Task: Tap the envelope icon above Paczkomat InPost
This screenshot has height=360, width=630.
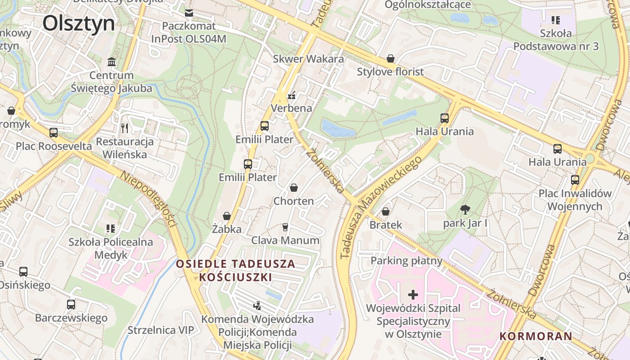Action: [x=189, y=13]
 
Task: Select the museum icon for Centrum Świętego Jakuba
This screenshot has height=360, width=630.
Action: [x=112, y=62]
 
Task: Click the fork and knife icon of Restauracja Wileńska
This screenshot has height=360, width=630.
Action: [x=125, y=128]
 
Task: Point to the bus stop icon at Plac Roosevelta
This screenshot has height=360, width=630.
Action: [x=54, y=133]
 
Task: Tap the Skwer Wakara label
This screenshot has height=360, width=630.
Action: [x=308, y=59]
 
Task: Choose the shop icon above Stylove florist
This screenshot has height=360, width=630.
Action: [x=390, y=59]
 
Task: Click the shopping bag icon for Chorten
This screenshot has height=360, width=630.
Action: [x=294, y=188]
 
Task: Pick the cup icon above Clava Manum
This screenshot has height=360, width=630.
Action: [x=285, y=227]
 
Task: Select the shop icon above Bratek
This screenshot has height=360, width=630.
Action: [x=386, y=211]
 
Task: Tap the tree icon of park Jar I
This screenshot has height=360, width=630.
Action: [x=465, y=210]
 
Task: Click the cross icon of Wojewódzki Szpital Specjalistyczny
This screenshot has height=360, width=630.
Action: [x=413, y=295]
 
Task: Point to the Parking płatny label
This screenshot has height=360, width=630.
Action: [x=406, y=261]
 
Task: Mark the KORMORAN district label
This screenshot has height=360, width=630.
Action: [x=535, y=336]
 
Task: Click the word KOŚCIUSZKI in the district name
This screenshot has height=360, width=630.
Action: [x=236, y=277]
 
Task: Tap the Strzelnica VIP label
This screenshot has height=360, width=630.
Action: [x=161, y=330]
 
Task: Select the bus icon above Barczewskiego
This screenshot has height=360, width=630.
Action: [x=71, y=305]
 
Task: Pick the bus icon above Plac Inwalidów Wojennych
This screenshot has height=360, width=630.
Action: [x=575, y=180]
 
